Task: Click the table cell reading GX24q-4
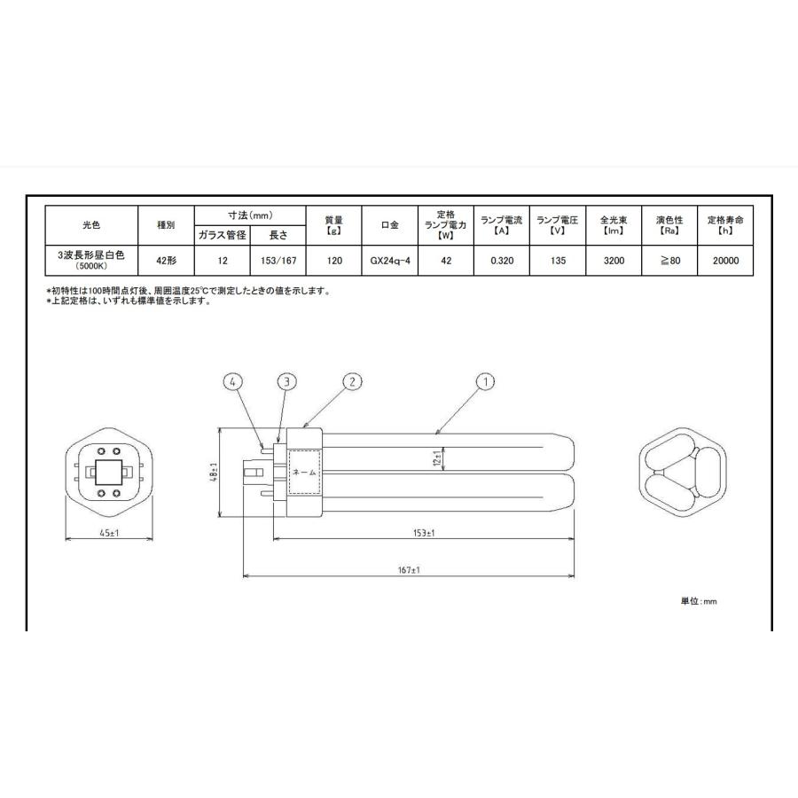click(x=389, y=262)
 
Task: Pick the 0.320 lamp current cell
click(x=501, y=262)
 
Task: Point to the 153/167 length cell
click(x=278, y=262)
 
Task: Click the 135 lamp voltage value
click(x=558, y=262)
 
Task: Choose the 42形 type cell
click(x=166, y=262)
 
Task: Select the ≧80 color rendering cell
click(x=670, y=262)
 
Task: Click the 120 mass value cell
click(x=334, y=262)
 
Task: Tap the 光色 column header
click(x=91, y=225)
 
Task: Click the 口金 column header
click(x=389, y=225)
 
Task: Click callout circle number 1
click(x=485, y=382)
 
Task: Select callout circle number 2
click(x=352, y=382)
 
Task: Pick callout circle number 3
click(x=286, y=382)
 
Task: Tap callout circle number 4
click(x=232, y=382)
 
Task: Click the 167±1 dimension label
click(x=408, y=570)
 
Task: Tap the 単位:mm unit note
click(x=698, y=601)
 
